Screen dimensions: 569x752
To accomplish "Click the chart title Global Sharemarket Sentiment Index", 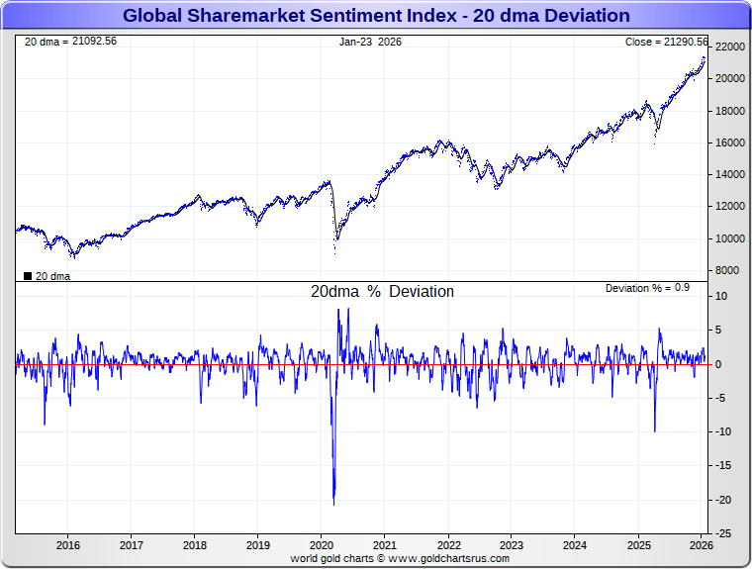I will [x=376, y=15].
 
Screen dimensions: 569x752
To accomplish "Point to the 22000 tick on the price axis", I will [x=730, y=47].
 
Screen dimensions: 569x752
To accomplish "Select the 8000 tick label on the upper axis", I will [x=727, y=270].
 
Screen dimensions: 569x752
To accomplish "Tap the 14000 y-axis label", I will [x=730, y=174].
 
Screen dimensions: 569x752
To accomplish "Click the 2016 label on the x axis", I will [x=68, y=545].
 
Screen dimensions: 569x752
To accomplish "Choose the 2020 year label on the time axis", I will [x=322, y=545].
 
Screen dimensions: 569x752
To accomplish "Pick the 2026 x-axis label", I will [x=701, y=545].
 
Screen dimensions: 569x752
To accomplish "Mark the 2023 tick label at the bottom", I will [x=512, y=545].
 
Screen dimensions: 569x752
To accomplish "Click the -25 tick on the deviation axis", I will [x=723, y=533].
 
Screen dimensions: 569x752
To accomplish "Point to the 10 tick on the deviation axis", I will [x=722, y=296].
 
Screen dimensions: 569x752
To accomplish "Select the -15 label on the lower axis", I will [x=723, y=465].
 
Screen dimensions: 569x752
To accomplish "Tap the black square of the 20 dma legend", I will [x=27, y=276].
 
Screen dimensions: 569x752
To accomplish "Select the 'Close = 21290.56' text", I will [x=666, y=42].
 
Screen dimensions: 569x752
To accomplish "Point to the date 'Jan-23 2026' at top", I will [x=370, y=42].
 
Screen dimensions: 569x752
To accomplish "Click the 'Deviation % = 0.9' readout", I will [x=647, y=287].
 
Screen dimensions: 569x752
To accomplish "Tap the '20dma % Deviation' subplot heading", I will [x=382, y=292].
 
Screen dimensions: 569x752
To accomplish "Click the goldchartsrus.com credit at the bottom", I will [x=400, y=558].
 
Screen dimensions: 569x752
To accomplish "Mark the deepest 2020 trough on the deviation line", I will [x=333, y=504].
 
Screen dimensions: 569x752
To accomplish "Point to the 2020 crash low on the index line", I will [x=334, y=253].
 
